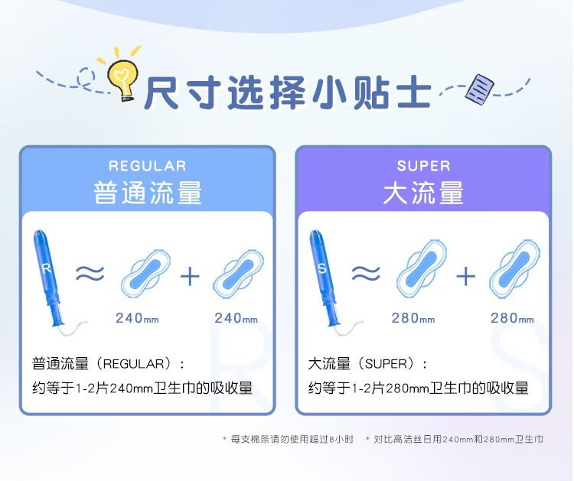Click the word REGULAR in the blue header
[x=148, y=166]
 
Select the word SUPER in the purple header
[x=423, y=166]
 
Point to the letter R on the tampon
[x=46, y=268]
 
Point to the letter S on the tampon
[x=322, y=268]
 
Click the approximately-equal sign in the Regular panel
[x=90, y=274]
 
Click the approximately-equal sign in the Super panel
[x=366, y=274]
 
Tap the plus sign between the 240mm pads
[x=190, y=276]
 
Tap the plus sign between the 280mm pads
[x=466, y=276]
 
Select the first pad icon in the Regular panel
[x=145, y=274]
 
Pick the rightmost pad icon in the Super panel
[x=515, y=269]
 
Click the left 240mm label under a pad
[x=137, y=318]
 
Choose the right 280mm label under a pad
[x=512, y=318]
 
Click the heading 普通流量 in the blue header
[x=148, y=193]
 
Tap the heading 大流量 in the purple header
[x=423, y=193]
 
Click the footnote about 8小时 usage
[x=289, y=439]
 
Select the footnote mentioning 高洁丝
[x=455, y=439]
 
